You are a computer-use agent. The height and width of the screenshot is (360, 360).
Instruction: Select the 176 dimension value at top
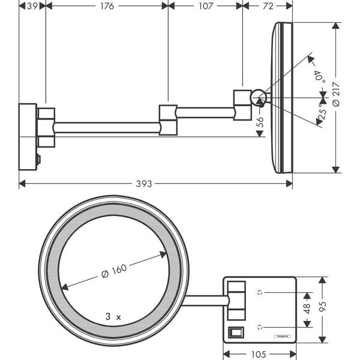click(106, 6)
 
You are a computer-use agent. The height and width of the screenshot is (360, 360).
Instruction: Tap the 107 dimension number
click(205, 6)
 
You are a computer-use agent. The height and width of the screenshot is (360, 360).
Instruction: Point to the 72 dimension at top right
click(268, 6)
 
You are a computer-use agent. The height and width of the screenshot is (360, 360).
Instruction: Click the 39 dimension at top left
click(33, 6)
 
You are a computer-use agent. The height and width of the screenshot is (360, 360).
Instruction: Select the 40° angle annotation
click(320, 77)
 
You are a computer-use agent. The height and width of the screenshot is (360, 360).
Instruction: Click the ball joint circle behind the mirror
click(258, 95)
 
